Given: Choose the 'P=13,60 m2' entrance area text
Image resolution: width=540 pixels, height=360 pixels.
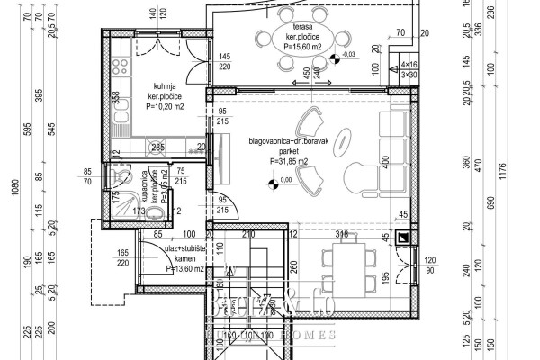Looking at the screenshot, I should (x=187, y=268).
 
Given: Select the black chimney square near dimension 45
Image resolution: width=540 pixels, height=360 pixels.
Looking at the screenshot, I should (x=403, y=238).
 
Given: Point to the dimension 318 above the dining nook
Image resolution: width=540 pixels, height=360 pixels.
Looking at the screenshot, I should (x=341, y=234).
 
